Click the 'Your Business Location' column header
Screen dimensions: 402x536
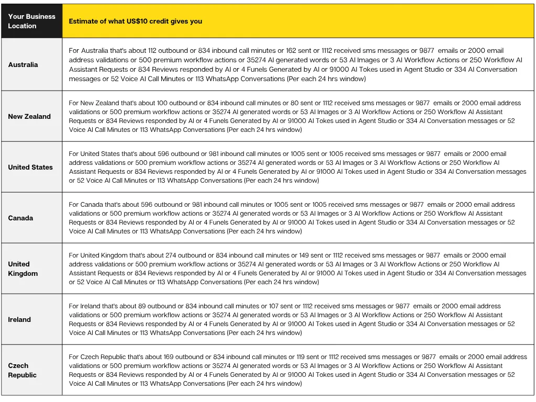coord(31,21)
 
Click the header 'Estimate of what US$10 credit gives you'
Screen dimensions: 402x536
coord(135,21)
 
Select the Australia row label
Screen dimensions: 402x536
coord(23,64)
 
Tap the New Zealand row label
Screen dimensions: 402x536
coord(29,116)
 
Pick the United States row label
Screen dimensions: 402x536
coord(30,167)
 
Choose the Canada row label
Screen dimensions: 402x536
coord(20,218)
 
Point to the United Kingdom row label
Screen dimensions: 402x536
coord(23,269)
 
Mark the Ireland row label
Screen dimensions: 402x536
coord(19,319)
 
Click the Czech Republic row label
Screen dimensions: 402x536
coord(22,370)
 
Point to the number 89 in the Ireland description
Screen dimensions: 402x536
coord(143,306)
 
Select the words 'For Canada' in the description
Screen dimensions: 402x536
coord(86,205)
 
